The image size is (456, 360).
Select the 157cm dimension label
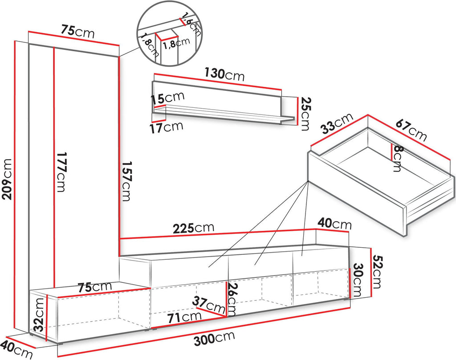[x=126, y=181]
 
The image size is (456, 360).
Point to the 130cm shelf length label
[x=224, y=74]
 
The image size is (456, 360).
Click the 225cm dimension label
[x=193, y=228]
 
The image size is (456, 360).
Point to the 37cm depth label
[x=209, y=304]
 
